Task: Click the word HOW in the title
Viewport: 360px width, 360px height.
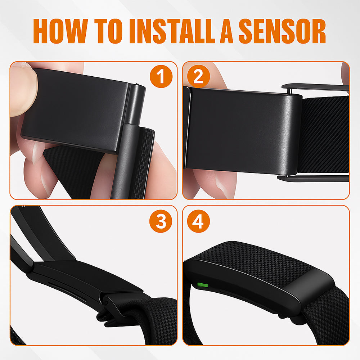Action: [60, 31]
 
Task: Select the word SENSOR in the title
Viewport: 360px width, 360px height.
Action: [282, 31]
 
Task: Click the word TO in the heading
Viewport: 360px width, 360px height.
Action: [108, 31]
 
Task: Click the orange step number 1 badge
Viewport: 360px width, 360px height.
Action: [161, 76]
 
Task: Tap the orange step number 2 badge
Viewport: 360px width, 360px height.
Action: [198, 76]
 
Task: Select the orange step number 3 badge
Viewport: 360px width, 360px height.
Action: [161, 221]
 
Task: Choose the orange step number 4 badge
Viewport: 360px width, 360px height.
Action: [198, 221]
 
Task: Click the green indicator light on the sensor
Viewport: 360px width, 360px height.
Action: [203, 285]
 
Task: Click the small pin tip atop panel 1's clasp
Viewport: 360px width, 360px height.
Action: [137, 84]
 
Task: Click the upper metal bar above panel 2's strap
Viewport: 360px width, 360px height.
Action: [315, 87]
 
